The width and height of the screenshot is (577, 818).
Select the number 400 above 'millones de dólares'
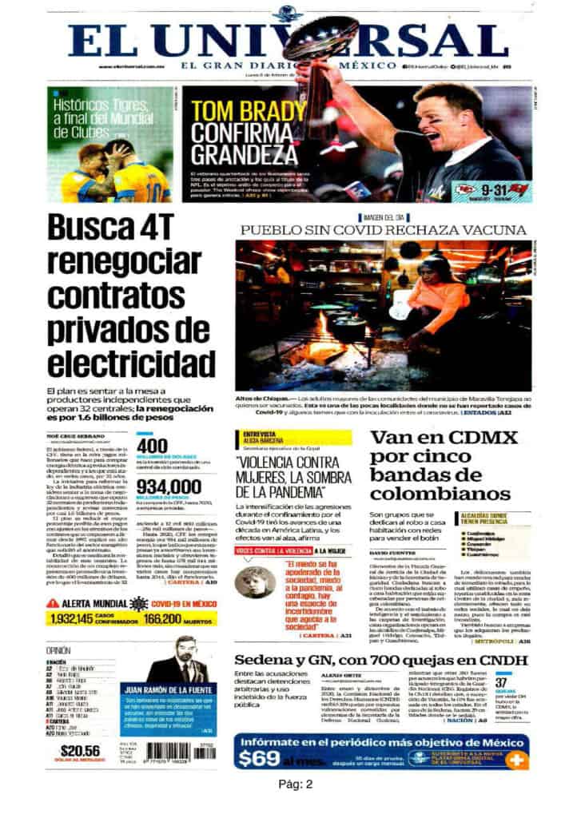153,445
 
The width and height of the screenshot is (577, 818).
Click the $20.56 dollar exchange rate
81,750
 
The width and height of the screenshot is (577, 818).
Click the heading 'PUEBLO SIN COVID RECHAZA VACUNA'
384,230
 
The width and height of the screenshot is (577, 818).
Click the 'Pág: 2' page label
295,784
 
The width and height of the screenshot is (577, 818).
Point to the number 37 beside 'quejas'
502,683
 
